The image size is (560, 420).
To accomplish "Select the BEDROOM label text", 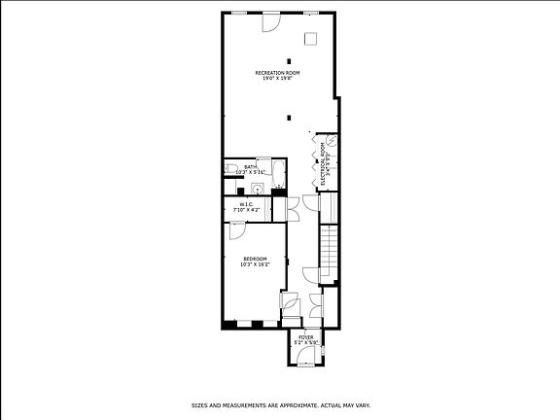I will coord(255,259).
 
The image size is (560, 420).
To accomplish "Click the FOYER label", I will coord(306,337).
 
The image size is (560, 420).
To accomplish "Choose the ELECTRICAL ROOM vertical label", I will coord(323,164).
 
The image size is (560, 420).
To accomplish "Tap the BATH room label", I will coord(251,166).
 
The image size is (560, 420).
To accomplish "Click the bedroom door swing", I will coord(237,230).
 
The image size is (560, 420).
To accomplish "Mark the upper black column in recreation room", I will coord(289,61).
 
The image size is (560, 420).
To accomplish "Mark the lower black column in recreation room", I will coord(289,117).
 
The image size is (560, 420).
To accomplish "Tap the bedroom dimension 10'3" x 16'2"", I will coord(255,264).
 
